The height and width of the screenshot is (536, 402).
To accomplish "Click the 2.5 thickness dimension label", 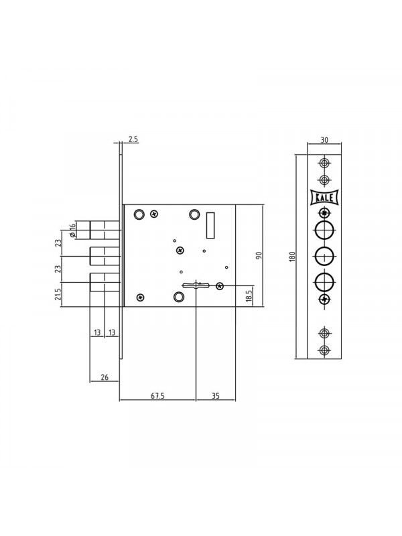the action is tap(133, 139).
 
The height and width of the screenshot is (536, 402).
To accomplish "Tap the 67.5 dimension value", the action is tap(157, 396).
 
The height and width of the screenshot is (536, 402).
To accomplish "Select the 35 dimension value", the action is tap(216, 396).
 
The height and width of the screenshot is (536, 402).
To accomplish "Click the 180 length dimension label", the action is tap(291, 257).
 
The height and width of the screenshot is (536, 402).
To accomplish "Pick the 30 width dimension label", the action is tap(324, 140).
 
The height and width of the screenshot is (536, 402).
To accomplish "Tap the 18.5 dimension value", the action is tap(249, 296).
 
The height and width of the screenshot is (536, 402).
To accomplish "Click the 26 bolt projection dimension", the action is tap(105, 377).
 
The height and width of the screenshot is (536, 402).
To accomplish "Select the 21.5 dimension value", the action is tap(58, 294).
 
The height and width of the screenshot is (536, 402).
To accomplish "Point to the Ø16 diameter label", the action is tap(72, 230).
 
